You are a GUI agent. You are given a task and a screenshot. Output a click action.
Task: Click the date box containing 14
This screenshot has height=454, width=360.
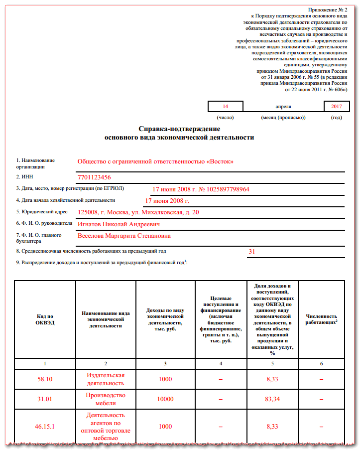pyautogui.click(x=225, y=107)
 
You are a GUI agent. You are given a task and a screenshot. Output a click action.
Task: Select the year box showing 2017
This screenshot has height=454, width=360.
pyautogui.click(x=336, y=107)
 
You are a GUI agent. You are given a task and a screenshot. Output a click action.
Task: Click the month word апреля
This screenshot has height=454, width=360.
pyautogui.click(x=283, y=107)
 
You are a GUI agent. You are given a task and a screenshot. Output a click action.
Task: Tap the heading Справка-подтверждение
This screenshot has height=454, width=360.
pyautogui.click(x=179, y=129)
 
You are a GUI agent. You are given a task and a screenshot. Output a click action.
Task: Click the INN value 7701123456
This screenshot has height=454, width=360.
pyautogui.click(x=94, y=177)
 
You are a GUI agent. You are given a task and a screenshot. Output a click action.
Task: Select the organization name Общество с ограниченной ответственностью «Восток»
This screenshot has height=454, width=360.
pyautogui.click(x=155, y=161)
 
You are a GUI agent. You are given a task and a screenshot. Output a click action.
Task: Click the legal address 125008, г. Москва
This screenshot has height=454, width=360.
pyautogui.click(x=138, y=212)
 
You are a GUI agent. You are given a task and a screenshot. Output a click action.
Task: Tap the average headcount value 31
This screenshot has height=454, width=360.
pyautogui.click(x=251, y=252)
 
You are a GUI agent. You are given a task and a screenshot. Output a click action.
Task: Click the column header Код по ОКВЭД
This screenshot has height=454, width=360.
pyautogui.click(x=45, y=319)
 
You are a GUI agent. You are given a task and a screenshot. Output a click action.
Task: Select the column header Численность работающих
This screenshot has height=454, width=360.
pyautogui.click(x=321, y=319)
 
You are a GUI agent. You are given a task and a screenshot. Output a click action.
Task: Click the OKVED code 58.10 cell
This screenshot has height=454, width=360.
pyautogui.click(x=45, y=379)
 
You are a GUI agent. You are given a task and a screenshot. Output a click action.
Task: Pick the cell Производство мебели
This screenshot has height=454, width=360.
pyautogui.click(x=105, y=399)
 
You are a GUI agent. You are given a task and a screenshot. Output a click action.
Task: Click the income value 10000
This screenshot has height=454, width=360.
pyautogui.click(x=165, y=399)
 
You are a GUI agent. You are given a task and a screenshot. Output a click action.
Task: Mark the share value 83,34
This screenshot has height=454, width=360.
pyautogui.click(x=272, y=399)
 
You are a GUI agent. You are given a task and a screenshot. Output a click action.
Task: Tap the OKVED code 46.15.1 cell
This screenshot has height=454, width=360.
pyautogui.click(x=45, y=427)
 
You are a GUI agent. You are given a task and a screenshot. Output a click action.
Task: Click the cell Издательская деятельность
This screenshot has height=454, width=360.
pyautogui.click(x=105, y=379)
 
